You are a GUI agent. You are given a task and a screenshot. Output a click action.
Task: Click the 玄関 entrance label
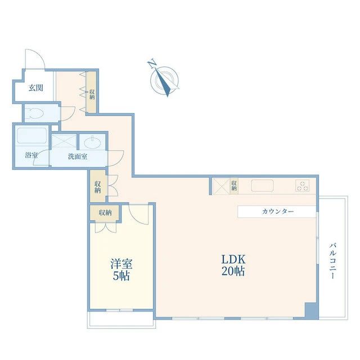click(x=36, y=88)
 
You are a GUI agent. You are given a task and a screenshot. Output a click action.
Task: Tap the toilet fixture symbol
click(x=34, y=113)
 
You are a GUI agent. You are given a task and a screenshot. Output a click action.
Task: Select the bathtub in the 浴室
click(x=32, y=136)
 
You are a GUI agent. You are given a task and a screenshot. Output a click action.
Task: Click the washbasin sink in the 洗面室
click(x=92, y=142)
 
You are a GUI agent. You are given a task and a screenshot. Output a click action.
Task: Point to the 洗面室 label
click(x=78, y=156)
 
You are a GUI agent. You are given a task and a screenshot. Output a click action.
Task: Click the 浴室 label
click(x=31, y=155)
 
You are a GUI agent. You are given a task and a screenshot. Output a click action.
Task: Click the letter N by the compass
click(x=151, y=64)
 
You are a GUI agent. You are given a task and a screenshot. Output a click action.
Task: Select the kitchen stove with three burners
click(x=303, y=186)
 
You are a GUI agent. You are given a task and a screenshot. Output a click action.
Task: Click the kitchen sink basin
click(x=263, y=186)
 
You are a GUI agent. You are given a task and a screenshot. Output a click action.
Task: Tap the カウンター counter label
click(x=278, y=211)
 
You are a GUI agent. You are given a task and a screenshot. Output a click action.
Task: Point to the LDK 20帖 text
click(x=233, y=265)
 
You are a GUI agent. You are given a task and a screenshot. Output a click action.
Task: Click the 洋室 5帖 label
click(x=121, y=270)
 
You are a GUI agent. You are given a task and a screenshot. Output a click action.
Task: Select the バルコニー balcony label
click(x=333, y=261)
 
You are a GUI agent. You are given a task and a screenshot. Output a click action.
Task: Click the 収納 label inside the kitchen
click(x=234, y=186)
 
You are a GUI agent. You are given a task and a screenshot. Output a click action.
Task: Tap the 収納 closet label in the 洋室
click(x=105, y=213)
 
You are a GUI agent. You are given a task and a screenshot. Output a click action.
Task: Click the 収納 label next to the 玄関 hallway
click(x=92, y=94)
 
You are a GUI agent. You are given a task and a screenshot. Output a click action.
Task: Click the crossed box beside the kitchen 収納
click(x=222, y=186)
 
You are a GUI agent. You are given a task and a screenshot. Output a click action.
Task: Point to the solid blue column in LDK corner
click(x=312, y=310)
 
